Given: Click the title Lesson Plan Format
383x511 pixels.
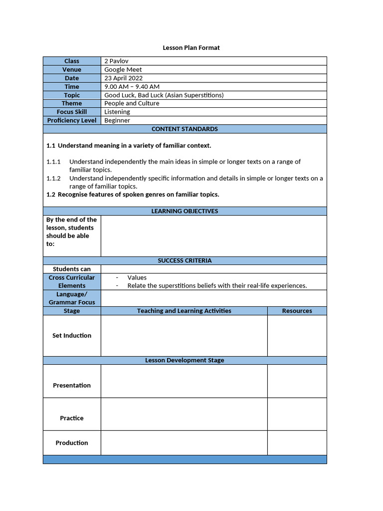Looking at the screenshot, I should [x=191, y=48].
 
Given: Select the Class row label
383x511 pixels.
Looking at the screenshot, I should [x=72, y=61].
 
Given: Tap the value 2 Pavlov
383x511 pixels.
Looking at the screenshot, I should [x=116, y=61].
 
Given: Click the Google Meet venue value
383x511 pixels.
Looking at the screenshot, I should [x=123, y=69].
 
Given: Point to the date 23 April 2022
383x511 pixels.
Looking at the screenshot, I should [x=123, y=78].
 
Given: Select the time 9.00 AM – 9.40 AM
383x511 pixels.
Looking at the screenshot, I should [x=132, y=86].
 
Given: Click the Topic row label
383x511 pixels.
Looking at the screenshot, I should [x=72, y=95].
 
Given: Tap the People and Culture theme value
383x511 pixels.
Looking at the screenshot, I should [x=132, y=103].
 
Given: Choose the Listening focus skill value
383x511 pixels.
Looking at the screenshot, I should [x=117, y=112].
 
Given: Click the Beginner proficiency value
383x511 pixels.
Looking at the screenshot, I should [x=117, y=120].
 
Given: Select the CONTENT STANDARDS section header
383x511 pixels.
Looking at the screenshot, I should [x=185, y=129].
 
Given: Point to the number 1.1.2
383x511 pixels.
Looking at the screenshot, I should [x=53, y=178].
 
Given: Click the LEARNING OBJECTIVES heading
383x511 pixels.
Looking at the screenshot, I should [x=185, y=211].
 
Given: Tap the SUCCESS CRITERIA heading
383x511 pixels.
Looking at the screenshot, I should [x=185, y=260].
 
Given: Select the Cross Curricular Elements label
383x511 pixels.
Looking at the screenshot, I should [x=72, y=281].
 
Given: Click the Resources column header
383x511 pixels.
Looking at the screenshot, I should [x=297, y=311].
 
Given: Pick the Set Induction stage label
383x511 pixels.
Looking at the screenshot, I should [x=72, y=336].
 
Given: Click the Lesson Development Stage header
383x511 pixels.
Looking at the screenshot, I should [x=185, y=360].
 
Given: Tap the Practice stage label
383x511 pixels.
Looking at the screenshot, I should [x=72, y=418].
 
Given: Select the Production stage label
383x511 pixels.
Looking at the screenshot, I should [x=72, y=443].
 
